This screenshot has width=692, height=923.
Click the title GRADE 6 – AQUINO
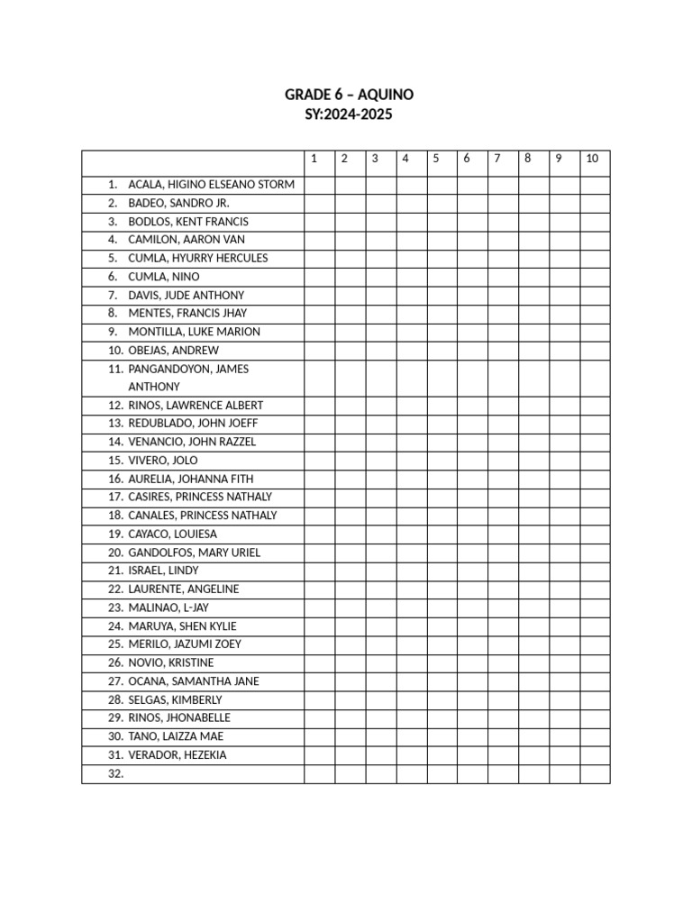349,95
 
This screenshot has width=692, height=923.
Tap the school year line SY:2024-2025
349,115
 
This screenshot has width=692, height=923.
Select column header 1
314,159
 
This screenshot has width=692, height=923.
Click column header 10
592,159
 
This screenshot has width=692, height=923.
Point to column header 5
436,159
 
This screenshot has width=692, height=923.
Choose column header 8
528,159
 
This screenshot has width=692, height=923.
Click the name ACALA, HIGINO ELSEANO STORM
211,185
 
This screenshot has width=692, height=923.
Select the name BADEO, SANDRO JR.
178,203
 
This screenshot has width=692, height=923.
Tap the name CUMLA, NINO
164,277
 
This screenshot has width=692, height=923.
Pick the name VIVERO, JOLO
163,461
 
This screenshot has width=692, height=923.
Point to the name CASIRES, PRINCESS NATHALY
200,497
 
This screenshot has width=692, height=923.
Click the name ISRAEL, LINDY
164,571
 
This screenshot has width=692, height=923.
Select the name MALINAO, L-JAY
168,608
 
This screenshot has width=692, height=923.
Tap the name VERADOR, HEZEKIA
178,755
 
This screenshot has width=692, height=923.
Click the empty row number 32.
115,774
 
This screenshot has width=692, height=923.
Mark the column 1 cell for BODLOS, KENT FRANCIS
320,222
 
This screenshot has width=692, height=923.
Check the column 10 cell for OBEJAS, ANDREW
595,351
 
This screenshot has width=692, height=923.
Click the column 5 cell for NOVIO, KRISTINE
442,663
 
